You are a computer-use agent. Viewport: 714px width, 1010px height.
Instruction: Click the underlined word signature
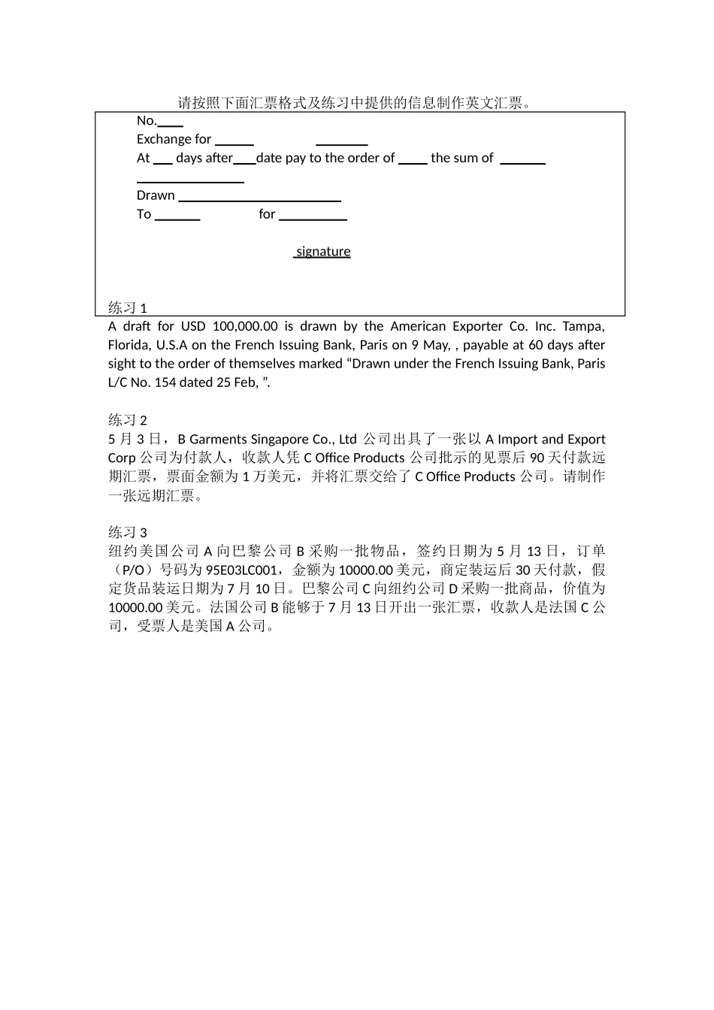[x=322, y=252]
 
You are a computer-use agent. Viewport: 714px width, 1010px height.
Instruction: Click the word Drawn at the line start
[x=156, y=195]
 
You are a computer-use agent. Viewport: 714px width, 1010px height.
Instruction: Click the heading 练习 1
[x=128, y=308]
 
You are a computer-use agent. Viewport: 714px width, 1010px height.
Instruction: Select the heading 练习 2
[x=128, y=420]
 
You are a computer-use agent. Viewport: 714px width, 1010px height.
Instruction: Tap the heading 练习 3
[x=128, y=532]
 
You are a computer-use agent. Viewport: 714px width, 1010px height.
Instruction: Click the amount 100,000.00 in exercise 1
[x=245, y=326]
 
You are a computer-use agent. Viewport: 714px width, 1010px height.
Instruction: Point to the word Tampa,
[x=583, y=326]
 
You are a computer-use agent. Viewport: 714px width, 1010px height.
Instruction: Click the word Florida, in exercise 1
[x=129, y=345]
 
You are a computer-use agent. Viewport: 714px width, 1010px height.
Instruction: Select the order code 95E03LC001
[x=241, y=570]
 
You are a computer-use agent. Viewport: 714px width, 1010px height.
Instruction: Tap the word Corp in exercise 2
[x=122, y=458]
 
